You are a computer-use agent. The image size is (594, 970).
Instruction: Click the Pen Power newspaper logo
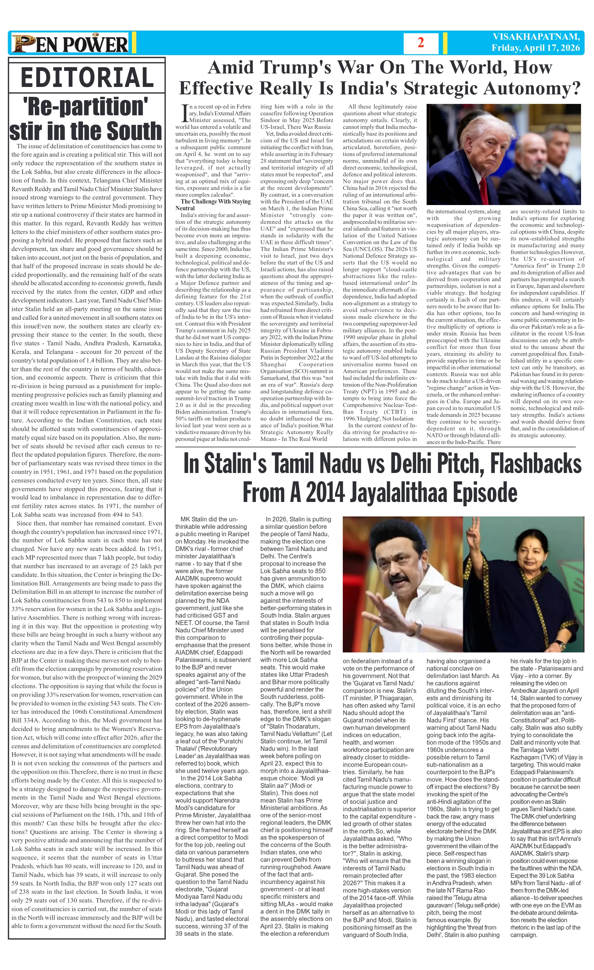coord(70,43)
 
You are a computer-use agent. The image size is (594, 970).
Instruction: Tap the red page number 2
coord(420,43)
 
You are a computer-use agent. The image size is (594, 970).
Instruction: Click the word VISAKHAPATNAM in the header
coord(536,37)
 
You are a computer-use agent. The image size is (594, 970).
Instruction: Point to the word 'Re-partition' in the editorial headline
coord(85,106)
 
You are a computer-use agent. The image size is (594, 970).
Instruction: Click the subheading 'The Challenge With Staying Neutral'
coord(213,205)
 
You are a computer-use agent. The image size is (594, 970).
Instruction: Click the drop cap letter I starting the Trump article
coord(182,113)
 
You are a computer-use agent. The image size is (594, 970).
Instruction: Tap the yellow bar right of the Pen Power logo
coord(134,43)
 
